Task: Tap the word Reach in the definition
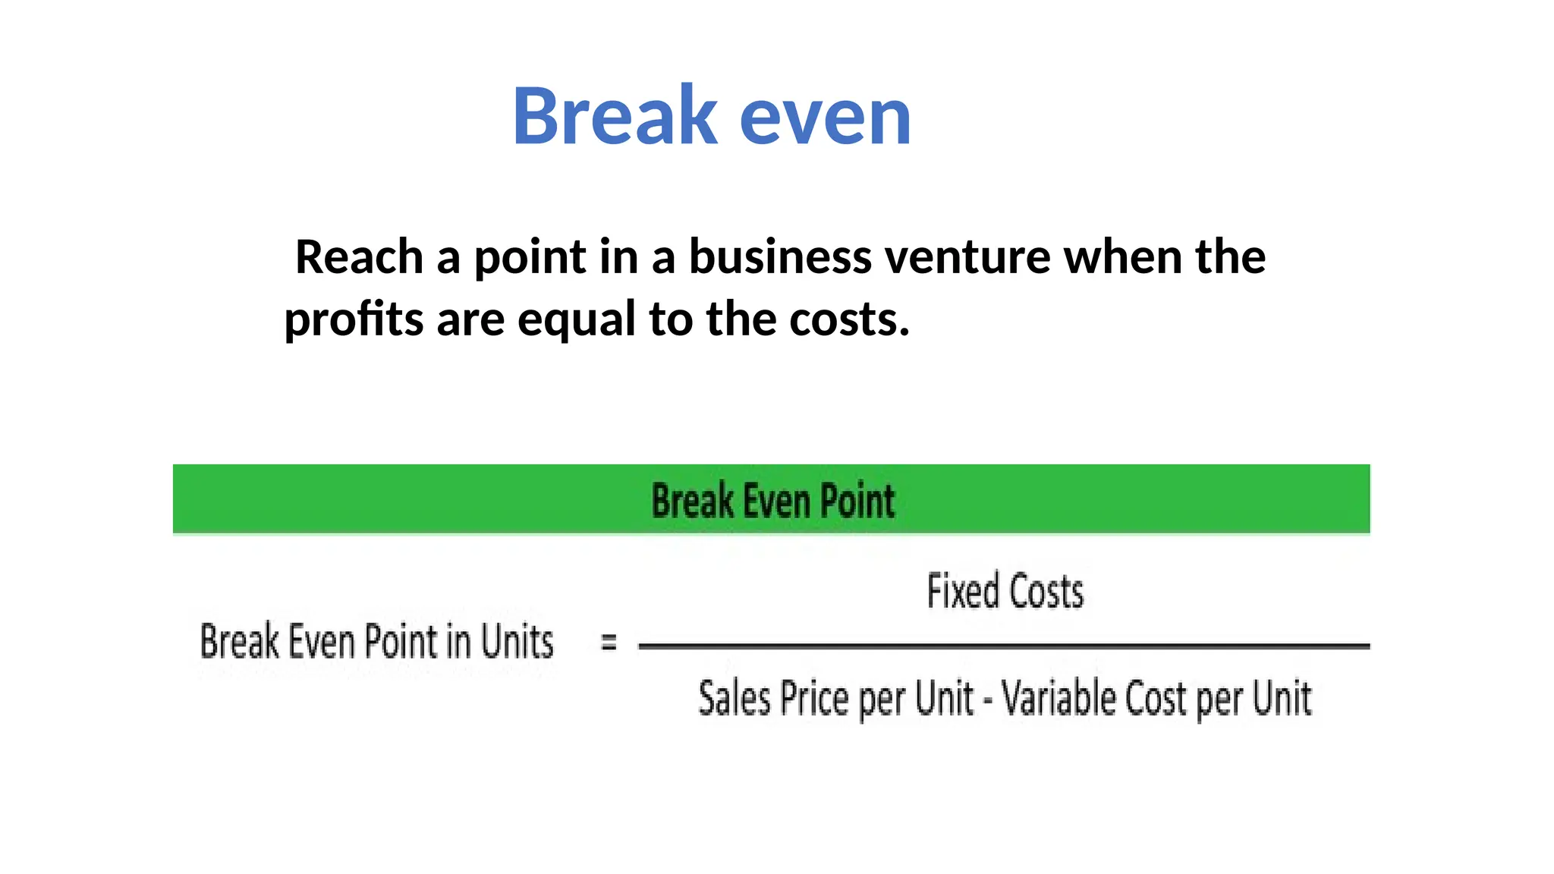[359, 256]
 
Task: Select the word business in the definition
[780, 256]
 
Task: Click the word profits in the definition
[354, 320]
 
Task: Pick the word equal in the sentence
[577, 320]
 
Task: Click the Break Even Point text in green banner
[772, 501]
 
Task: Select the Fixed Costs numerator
[1005, 592]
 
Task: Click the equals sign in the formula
[609, 643]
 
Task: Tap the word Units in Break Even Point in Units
[517, 642]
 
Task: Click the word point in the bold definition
[530, 258]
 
